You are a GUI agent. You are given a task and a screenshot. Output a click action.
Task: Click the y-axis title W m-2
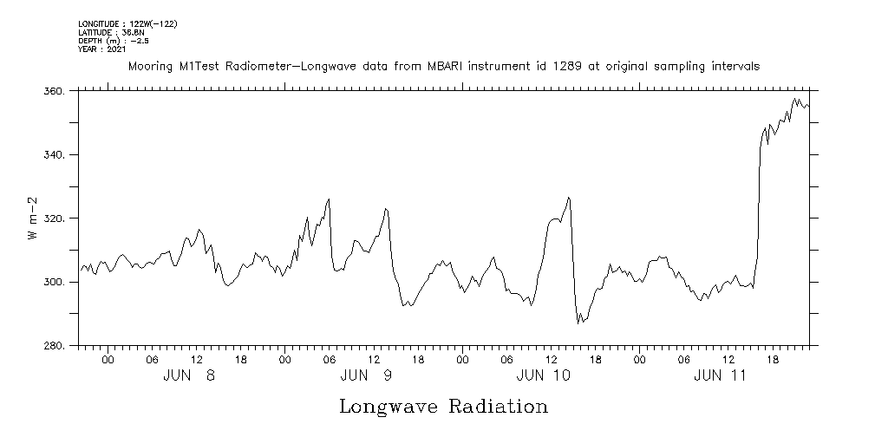[33, 218]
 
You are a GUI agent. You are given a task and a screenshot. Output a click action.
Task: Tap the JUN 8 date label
[189, 376]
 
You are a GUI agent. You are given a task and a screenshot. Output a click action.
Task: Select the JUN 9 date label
[366, 376]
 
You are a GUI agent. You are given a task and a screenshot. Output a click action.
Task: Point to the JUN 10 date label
[543, 376]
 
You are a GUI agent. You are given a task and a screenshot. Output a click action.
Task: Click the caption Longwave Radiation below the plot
[443, 407]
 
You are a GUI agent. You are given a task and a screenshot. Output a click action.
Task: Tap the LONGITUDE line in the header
[127, 23]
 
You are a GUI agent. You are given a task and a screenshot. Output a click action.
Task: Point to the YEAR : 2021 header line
[102, 49]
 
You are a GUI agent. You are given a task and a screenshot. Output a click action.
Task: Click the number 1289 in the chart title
[544, 66]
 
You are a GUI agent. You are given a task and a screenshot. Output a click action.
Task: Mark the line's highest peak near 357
[795, 99]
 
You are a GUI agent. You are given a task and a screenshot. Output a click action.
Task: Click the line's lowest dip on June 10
[578, 323]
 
